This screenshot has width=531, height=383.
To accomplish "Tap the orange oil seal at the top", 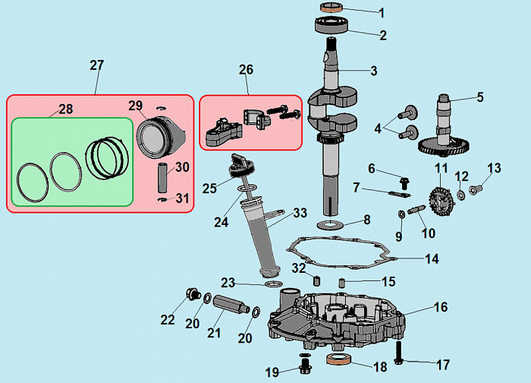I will (331, 8).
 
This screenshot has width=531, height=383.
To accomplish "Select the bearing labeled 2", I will (331, 24).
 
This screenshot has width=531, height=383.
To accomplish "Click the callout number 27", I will (96, 65).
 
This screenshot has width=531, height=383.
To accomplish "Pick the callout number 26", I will (246, 70).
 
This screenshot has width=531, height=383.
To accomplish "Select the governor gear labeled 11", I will (438, 198).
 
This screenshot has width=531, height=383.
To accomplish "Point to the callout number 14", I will (432, 259).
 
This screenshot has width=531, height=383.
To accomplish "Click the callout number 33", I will (300, 212).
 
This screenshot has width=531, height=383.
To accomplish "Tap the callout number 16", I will (441, 308).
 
